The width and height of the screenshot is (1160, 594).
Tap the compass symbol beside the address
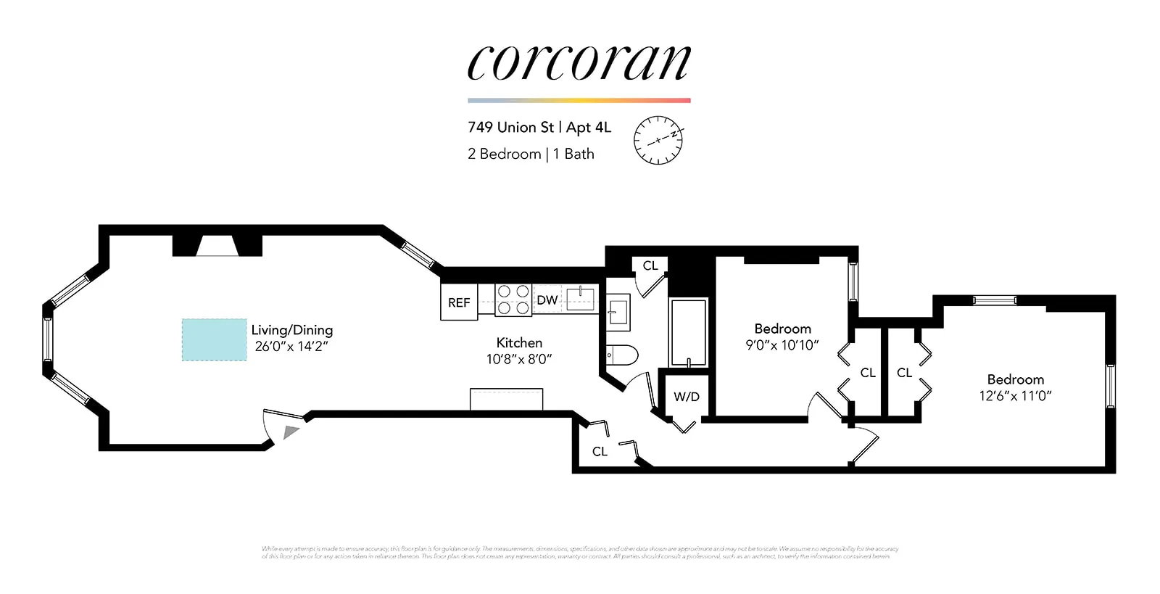(x=658, y=139)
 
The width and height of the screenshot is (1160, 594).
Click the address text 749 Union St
(x=511, y=128)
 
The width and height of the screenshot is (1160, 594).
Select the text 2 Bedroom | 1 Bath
(x=531, y=154)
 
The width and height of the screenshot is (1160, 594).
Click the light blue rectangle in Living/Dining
(x=214, y=339)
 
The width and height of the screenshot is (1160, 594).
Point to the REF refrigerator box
(x=459, y=302)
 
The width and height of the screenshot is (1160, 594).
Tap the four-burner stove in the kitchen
(x=513, y=300)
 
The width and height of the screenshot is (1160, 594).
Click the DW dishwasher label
(x=547, y=300)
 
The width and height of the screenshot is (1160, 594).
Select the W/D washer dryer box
(x=686, y=396)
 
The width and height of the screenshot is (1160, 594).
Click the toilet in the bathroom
(x=622, y=355)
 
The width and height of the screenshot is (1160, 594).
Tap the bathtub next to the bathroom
(x=688, y=332)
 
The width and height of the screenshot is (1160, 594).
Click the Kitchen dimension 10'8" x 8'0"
(x=519, y=359)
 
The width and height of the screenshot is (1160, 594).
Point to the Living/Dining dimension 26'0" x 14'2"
(x=291, y=347)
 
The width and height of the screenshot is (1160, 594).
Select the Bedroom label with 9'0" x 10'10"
(x=782, y=329)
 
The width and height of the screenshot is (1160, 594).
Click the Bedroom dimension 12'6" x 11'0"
(x=1015, y=396)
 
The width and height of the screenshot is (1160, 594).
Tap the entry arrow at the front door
(x=291, y=432)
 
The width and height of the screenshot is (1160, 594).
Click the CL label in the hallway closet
(x=600, y=451)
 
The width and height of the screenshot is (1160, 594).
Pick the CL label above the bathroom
(x=650, y=265)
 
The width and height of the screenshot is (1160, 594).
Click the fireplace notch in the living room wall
(x=217, y=246)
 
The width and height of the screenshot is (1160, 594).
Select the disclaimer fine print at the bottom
(x=580, y=553)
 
